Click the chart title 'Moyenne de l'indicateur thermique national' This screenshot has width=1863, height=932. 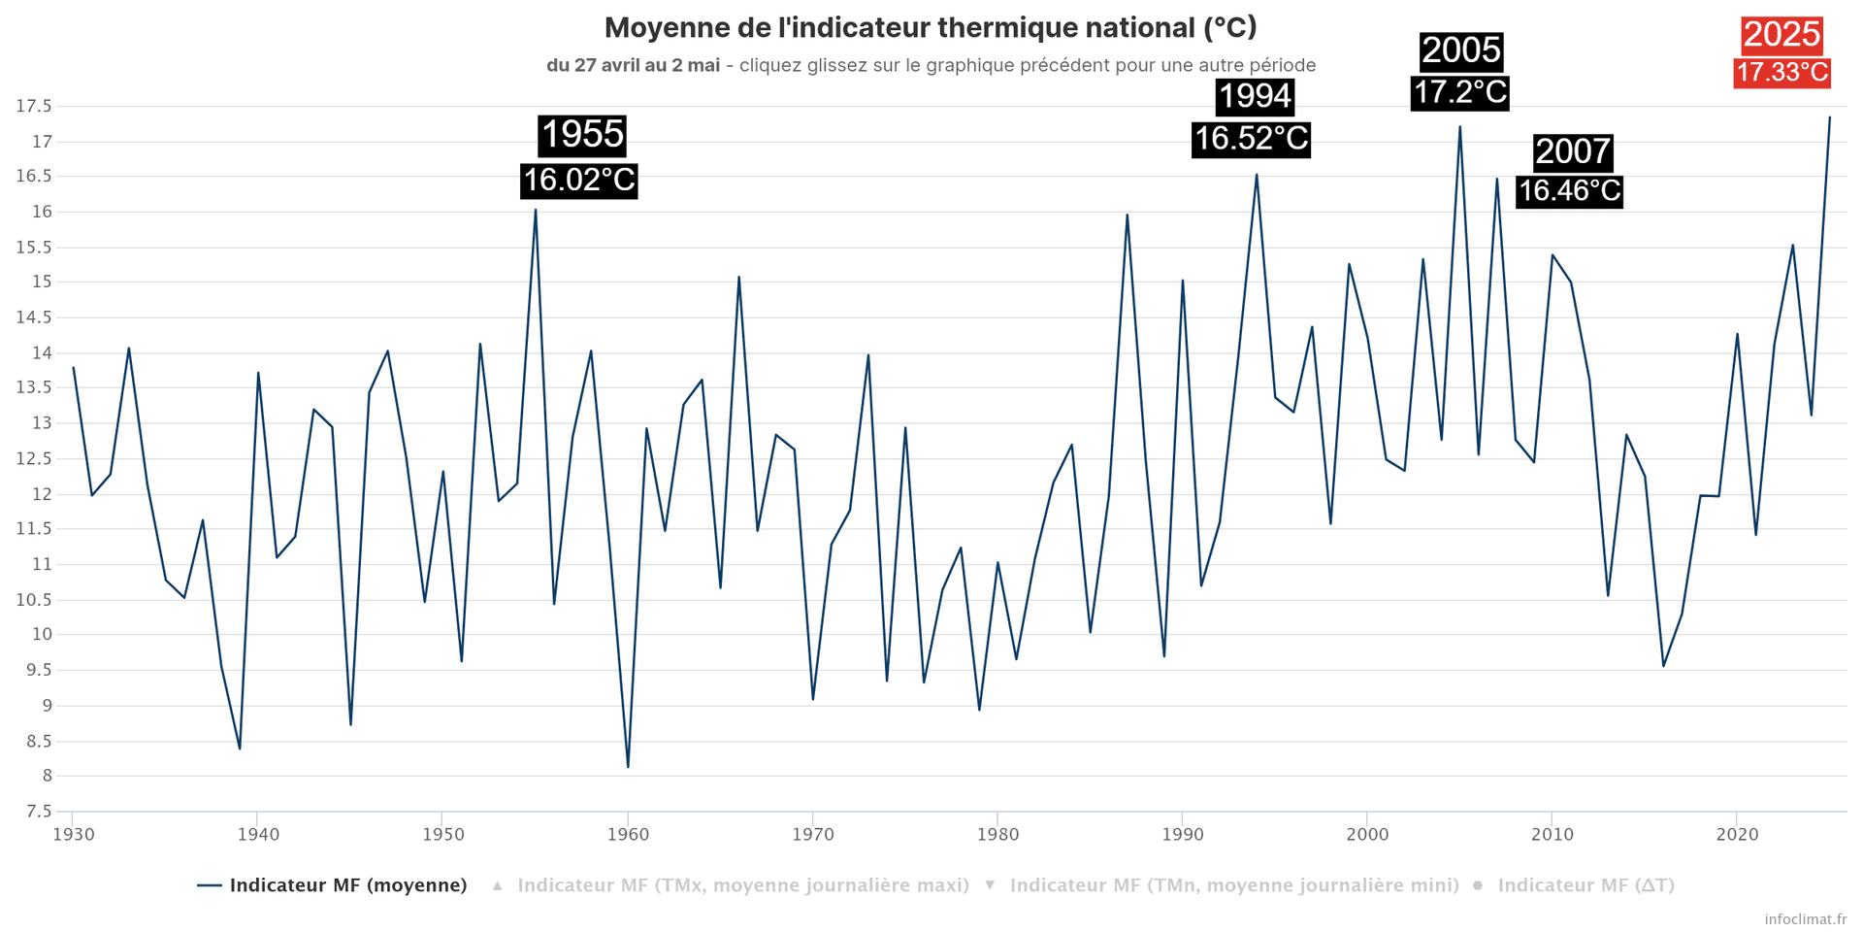931,28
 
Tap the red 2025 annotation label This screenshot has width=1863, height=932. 1781,35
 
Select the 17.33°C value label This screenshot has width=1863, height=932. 1781,73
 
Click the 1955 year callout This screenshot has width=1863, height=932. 582,135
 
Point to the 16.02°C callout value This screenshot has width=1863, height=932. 579,180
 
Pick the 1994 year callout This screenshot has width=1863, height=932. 1255,96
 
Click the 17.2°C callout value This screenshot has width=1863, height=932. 1459,92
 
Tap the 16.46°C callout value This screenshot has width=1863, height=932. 1569,190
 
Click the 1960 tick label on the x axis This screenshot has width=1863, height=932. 627,834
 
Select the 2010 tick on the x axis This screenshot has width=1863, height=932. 1552,834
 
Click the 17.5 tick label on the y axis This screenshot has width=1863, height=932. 34,107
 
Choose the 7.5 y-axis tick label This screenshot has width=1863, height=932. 38,812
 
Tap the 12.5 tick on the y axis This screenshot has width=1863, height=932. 34,459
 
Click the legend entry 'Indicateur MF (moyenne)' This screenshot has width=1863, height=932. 347,885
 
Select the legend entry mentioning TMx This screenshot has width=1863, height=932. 742,885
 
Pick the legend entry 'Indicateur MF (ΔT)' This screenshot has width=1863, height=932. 1585,885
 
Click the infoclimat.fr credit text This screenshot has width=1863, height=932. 1806,918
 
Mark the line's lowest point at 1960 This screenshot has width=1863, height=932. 628,767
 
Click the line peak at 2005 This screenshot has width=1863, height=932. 1459,127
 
